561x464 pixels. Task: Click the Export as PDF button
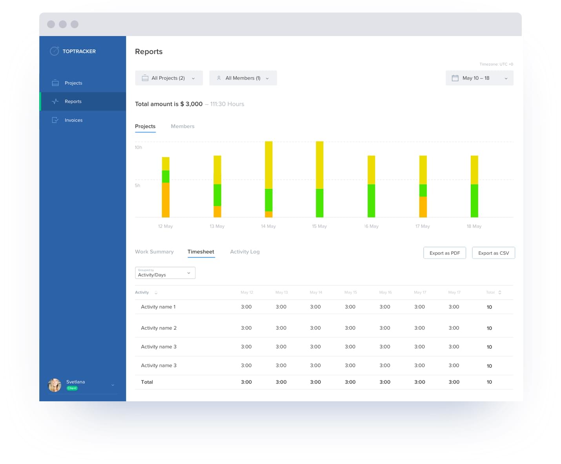click(444, 253)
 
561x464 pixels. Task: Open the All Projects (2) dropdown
click(169, 78)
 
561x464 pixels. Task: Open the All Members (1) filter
click(243, 78)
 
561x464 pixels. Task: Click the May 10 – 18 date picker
click(479, 78)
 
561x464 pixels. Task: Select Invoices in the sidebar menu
click(73, 120)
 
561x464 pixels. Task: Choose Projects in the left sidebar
click(73, 83)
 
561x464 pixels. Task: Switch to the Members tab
click(182, 126)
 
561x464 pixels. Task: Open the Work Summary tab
click(154, 252)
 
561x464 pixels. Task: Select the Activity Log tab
click(245, 252)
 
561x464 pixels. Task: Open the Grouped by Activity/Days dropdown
click(165, 273)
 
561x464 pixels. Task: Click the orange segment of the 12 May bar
click(166, 200)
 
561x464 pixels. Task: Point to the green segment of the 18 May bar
click(474, 201)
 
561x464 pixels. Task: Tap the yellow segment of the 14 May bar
click(269, 165)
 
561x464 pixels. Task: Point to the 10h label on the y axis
click(138, 147)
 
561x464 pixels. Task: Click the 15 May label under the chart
click(319, 226)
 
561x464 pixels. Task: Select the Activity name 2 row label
click(158, 328)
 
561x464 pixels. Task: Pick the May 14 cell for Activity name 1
click(315, 307)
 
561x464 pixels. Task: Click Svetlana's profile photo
click(55, 385)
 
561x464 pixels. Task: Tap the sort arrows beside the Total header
click(500, 292)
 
